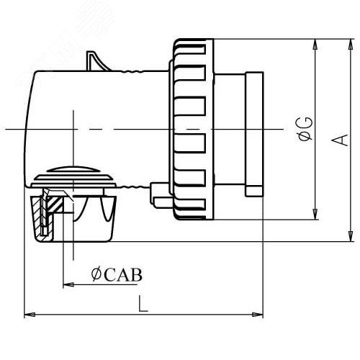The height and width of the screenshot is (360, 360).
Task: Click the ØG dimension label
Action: [x=305, y=129]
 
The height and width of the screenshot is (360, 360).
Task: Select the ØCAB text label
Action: [x=117, y=275]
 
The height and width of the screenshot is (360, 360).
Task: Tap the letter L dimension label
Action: [x=143, y=304]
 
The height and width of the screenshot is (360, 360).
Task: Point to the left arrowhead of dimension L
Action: [x=30, y=315]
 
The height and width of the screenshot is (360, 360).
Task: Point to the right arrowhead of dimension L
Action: [x=258, y=315]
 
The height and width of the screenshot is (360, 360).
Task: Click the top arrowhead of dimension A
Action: [x=351, y=45]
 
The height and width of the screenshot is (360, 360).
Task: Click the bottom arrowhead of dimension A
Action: [x=351, y=236]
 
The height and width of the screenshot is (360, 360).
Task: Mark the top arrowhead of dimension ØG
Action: [x=315, y=45]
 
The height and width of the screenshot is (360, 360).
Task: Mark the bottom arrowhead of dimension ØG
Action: [x=315, y=214]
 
